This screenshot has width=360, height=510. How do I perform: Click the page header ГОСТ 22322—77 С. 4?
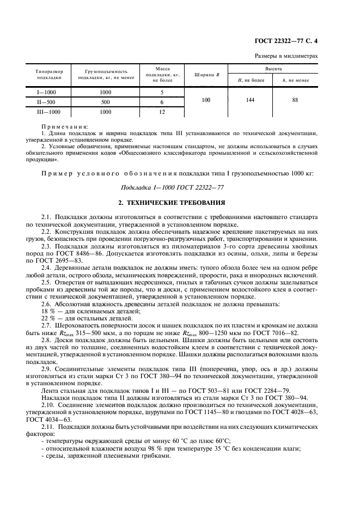click(289, 41)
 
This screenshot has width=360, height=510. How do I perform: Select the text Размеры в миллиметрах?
click(286, 56)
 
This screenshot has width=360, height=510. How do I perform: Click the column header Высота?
click(273, 69)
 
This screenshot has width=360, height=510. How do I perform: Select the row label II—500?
click(46, 102)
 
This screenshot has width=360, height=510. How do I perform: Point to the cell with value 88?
click(295, 100)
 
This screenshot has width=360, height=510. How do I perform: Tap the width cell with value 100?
click(205, 100)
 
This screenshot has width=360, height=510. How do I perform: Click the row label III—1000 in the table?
click(46, 112)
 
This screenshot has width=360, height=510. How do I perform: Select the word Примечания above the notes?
click(64, 126)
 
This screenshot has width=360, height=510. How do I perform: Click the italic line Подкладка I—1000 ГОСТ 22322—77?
click(179, 187)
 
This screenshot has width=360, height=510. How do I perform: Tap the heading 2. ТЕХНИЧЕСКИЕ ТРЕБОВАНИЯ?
click(179, 203)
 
